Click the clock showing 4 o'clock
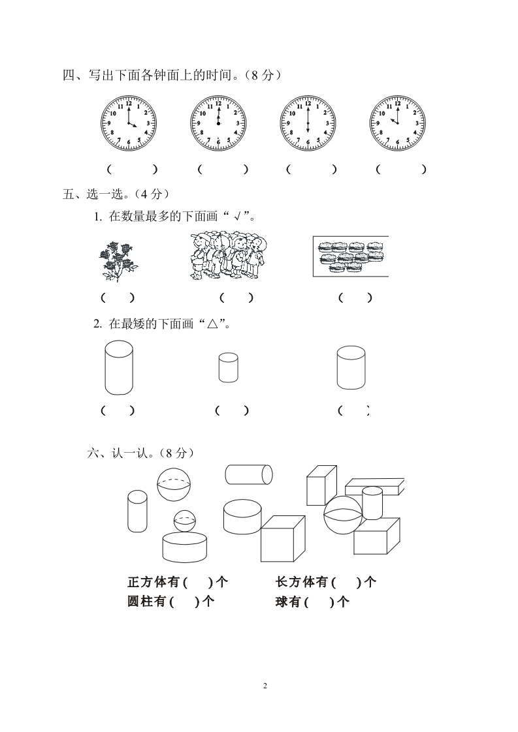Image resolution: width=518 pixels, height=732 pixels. click(129, 123)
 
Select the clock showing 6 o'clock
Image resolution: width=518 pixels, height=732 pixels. click(308, 123)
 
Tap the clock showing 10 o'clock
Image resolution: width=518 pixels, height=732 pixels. click(398, 123)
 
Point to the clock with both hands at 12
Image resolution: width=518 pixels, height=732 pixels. click(218, 123)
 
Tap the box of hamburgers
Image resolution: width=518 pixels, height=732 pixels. click(351, 256)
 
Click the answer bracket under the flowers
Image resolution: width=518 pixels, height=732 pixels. click(118, 298)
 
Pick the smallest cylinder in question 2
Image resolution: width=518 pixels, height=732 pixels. click(228, 367)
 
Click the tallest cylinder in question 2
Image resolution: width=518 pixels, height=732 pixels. click(119, 367)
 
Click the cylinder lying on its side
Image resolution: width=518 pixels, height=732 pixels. click(249, 474)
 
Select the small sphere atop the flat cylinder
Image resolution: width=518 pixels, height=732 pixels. click(185, 521)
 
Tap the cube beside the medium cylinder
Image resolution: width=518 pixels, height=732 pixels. click(283, 538)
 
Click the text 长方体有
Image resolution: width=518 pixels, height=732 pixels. click(301, 582)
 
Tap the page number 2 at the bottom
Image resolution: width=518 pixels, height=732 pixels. click(265, 686)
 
